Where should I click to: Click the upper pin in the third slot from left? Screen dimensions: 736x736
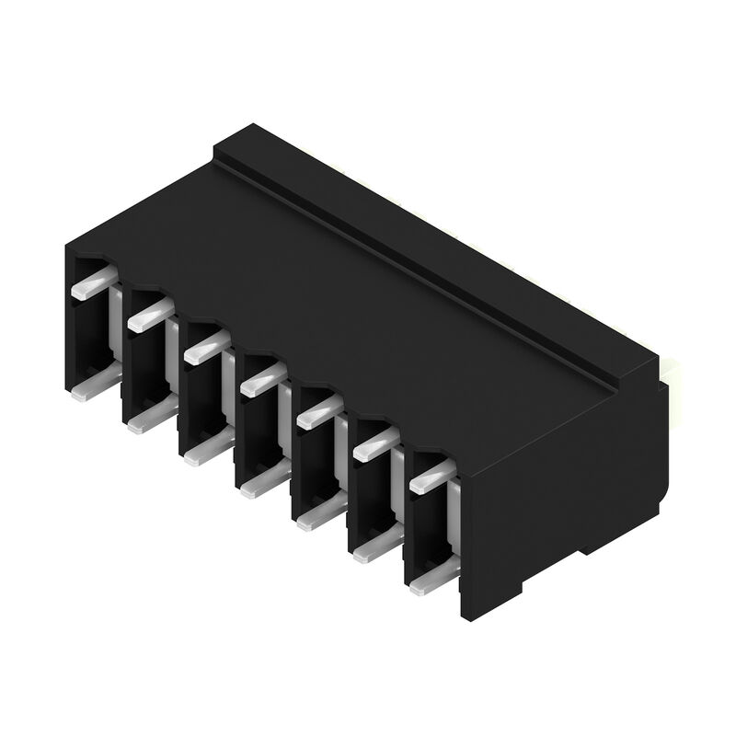[x=203, y=348]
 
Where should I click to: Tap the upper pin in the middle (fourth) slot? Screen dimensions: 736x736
[x=261, y=378]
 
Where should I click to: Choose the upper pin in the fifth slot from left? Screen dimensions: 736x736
[x=317, y=412]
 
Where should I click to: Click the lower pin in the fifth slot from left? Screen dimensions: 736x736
[x=315, y=518]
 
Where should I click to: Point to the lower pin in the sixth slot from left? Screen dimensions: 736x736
[x=371, y=549]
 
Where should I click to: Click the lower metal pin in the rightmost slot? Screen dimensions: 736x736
[x=428, y=581]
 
